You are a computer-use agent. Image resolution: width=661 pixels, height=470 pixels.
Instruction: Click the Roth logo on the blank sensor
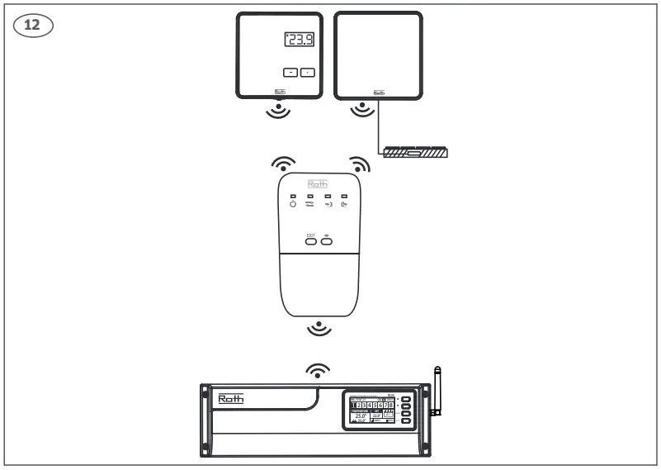click(x=379, y=93)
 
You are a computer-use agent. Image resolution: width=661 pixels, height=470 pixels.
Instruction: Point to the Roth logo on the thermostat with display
click(x=279, y=93)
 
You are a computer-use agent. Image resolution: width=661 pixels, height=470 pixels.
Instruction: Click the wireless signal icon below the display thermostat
click(x=279, y=111)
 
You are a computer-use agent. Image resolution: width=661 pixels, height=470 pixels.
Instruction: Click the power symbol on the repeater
click(x=293, y=204)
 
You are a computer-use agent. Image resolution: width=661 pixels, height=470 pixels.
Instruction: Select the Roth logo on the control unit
click(x=230, y=400)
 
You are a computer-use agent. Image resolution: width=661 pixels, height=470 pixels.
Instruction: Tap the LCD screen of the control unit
click(x=371, y=411)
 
